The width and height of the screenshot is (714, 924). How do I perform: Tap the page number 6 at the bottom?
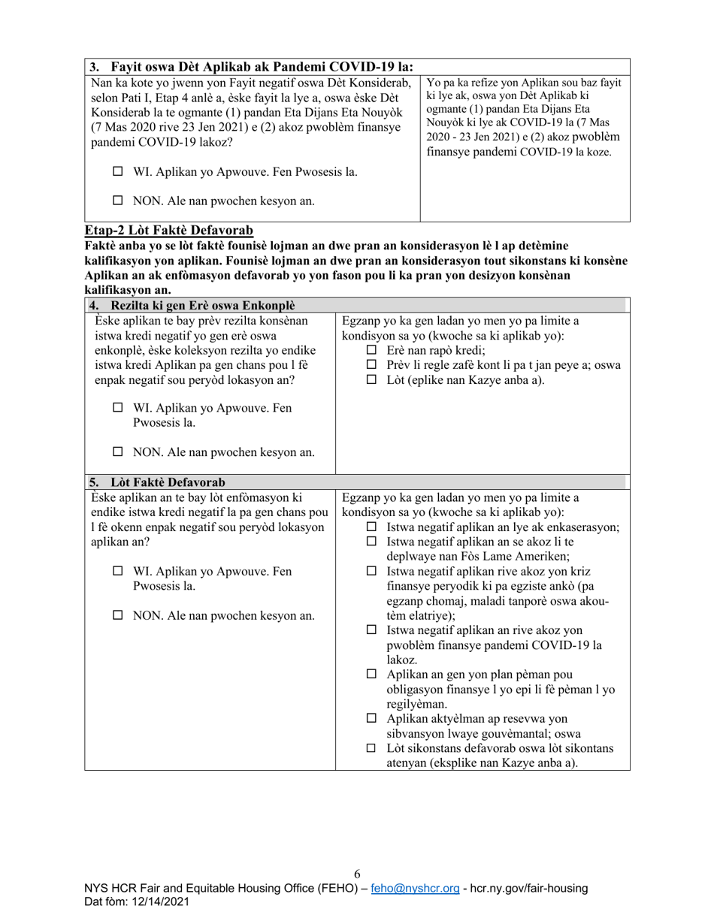click(357, 874)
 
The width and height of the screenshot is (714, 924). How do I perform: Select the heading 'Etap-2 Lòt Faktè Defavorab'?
click(168, 231)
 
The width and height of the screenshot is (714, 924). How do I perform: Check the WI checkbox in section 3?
click(118, 172)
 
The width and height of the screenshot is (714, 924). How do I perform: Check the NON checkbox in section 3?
click(118, 201)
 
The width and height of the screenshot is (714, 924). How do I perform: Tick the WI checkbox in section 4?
click(118, 408)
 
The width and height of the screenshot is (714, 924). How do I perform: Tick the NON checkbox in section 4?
click(118, 452)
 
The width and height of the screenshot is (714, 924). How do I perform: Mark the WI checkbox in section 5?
click(118, 571)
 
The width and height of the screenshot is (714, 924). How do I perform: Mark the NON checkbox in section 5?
click(118, 615)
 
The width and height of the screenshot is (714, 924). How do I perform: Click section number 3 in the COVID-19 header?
click(93, 66)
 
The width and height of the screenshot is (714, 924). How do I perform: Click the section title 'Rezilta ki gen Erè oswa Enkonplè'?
click(202, 305)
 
